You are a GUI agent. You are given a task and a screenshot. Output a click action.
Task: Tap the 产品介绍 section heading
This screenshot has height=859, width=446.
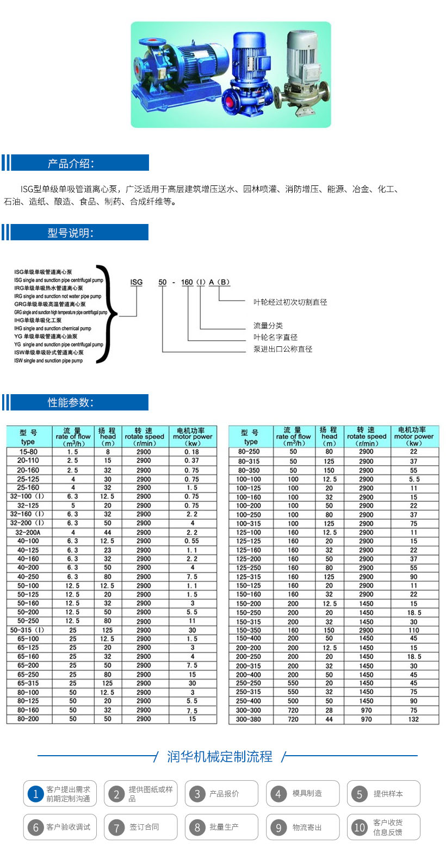[x=71, y=163]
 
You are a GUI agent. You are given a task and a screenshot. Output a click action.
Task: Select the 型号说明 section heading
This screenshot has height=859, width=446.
[x=71, y=233]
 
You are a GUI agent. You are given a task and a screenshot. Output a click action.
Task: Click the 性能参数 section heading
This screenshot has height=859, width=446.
[x=71, y=402]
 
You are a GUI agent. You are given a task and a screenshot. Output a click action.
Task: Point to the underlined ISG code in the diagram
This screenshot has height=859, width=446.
[x=137, y=282]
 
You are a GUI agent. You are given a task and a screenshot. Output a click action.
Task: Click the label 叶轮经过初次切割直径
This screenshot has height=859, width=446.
[x=290, y=302]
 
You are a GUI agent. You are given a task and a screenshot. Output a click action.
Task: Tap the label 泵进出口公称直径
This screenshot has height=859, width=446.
[x=283, y=349]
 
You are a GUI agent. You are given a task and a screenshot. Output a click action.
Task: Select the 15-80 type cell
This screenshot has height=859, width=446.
[x=28, y=452]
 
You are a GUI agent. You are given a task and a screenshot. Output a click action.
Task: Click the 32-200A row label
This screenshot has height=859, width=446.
[x=28, y=532]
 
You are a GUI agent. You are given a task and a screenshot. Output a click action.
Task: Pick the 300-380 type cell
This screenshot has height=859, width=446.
[x=249, y=719]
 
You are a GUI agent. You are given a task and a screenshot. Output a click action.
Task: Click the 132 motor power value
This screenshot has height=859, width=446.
[x=414, y=719]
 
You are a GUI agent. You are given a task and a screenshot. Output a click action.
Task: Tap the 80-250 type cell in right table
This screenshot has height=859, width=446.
[x=249, y=452]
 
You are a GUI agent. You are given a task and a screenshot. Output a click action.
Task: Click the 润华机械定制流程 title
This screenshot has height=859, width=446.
[x=220, y=757]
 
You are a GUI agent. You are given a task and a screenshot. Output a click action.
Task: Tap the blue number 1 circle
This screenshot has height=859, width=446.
[x=35, y=794]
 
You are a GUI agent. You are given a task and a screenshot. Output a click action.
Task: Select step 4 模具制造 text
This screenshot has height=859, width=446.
[x=307, y=794]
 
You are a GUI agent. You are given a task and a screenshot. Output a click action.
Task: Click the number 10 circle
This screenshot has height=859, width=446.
[x=359, y=827]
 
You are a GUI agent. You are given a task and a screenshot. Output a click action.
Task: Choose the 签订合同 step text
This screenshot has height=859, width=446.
[x=144, y=827]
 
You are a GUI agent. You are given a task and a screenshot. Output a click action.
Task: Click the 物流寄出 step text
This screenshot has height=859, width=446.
[x=307, y=827]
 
